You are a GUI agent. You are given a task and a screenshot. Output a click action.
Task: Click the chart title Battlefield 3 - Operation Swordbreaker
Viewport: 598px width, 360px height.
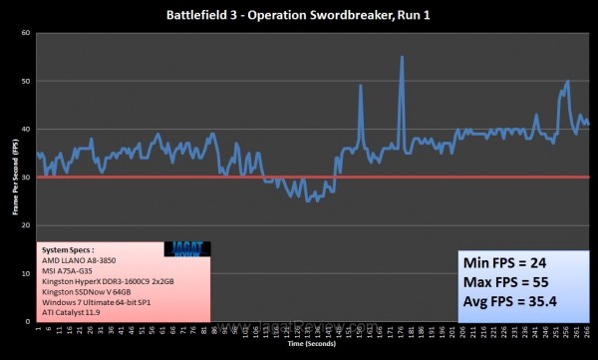(299, 14)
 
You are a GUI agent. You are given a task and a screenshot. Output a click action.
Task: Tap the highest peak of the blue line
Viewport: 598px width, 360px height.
(402, 57)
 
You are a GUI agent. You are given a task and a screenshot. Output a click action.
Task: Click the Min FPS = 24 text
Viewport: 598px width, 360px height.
(506, 264)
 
